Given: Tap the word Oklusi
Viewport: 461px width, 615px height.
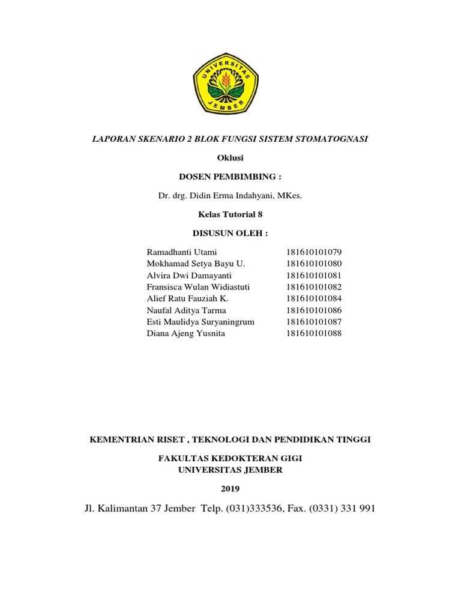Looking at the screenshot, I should [230, 158].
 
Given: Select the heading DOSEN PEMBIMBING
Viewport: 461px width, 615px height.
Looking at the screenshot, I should [230, 177].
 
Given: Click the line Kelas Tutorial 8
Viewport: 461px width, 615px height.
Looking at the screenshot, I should [230, 214].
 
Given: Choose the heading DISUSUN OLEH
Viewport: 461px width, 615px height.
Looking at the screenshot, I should [230, 233].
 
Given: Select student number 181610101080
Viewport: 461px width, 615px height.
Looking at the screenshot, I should [313, 264].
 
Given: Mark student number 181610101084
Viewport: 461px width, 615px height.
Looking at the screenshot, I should [313, 298].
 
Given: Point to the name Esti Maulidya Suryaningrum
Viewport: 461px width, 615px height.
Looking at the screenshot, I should [200, 322].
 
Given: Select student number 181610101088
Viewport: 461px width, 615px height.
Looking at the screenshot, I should [313, 333].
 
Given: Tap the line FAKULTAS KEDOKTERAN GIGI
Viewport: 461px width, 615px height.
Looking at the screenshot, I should [230, 459].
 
